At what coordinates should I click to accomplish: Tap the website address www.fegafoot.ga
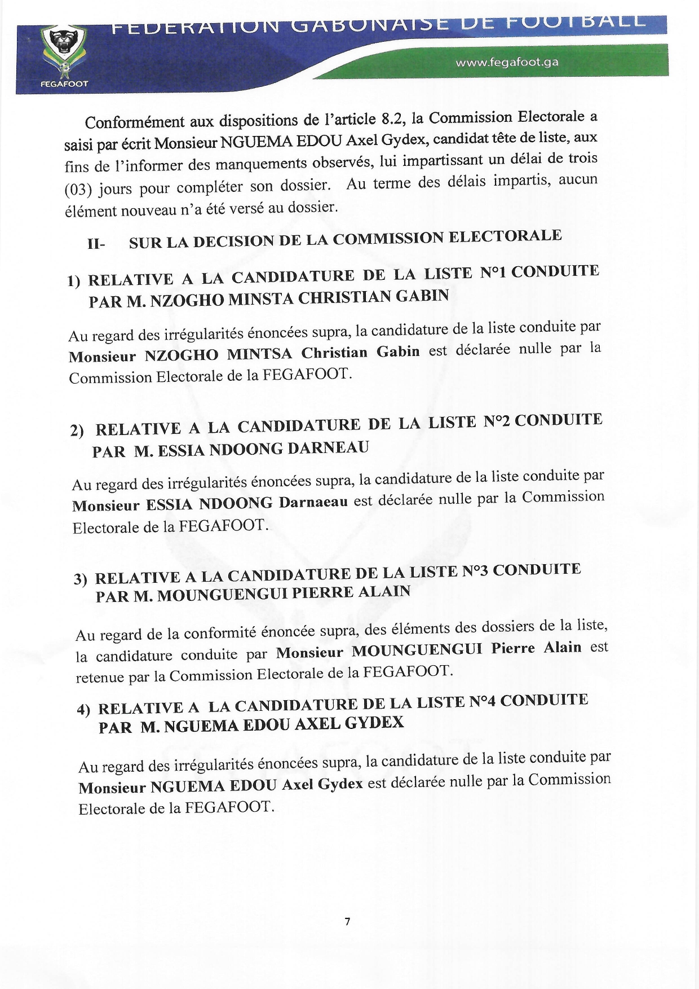click(507, 62)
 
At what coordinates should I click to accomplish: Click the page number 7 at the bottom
click(347, 921)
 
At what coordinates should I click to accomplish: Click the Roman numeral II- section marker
click(96, 244)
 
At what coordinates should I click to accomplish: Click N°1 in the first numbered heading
click(493, 273)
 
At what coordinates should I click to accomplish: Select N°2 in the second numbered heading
click(497, 421)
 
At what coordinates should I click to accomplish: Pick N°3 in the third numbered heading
click(475, 572)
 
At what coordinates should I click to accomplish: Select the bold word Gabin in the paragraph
click(398, 351)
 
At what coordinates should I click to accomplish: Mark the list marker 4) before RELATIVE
click(83, 710)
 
